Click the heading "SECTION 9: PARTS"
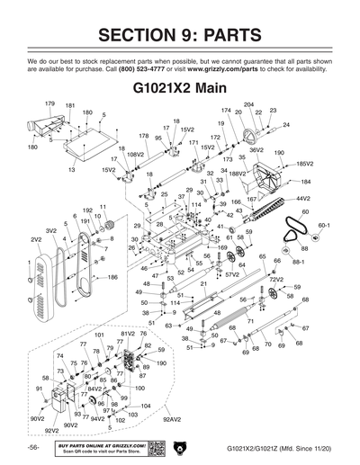179,36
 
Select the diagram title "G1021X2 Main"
179,90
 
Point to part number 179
50,104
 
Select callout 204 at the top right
248,104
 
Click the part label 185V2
304,164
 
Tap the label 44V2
303,198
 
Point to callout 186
113,278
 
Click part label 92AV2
172,419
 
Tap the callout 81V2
127,334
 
